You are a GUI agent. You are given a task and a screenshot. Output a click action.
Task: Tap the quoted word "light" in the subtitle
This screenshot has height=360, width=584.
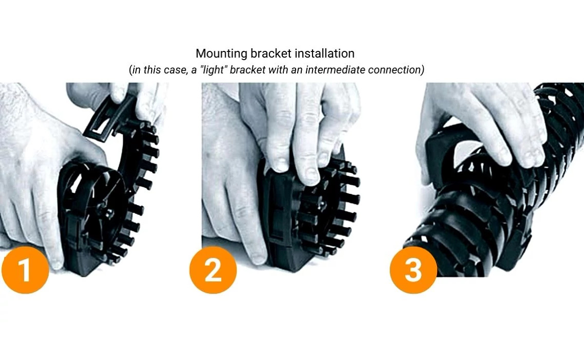[214, 70]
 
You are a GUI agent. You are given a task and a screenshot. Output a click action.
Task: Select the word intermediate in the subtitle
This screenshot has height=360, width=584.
[335, 70]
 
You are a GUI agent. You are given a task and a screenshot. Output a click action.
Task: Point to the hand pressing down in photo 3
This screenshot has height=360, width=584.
[478, 123]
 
